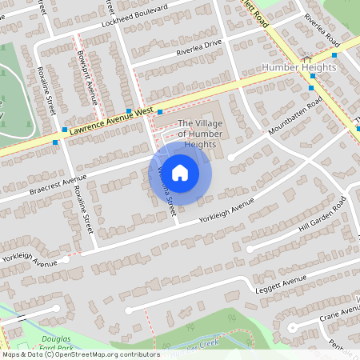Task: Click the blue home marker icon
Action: click(x=180, y=172)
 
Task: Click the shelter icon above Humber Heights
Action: click(x=307, y=58)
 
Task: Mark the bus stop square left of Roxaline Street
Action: click(x=55, y=142)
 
